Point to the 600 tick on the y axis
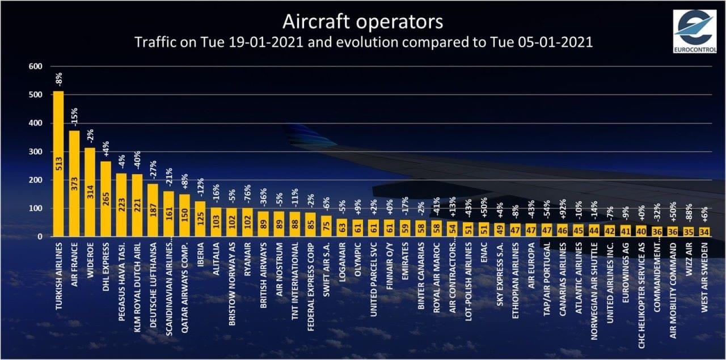pos(36,66)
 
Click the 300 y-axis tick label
pos(36,151)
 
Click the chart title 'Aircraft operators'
pos(363,22)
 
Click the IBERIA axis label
pos(200,254)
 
